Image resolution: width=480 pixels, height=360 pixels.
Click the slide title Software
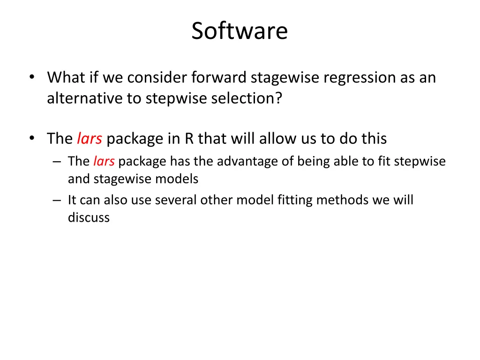point(240,31)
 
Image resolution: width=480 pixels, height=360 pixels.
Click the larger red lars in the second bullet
point(89,139)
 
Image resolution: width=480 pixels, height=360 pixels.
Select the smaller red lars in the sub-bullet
point(104,161)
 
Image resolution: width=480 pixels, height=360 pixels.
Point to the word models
point(180,179)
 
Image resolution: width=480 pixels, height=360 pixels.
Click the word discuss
point(89,217)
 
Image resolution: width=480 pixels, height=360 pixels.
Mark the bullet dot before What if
point(31,77)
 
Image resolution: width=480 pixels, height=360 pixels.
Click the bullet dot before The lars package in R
point(31,139)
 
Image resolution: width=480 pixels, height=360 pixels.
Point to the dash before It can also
point(57,200)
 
